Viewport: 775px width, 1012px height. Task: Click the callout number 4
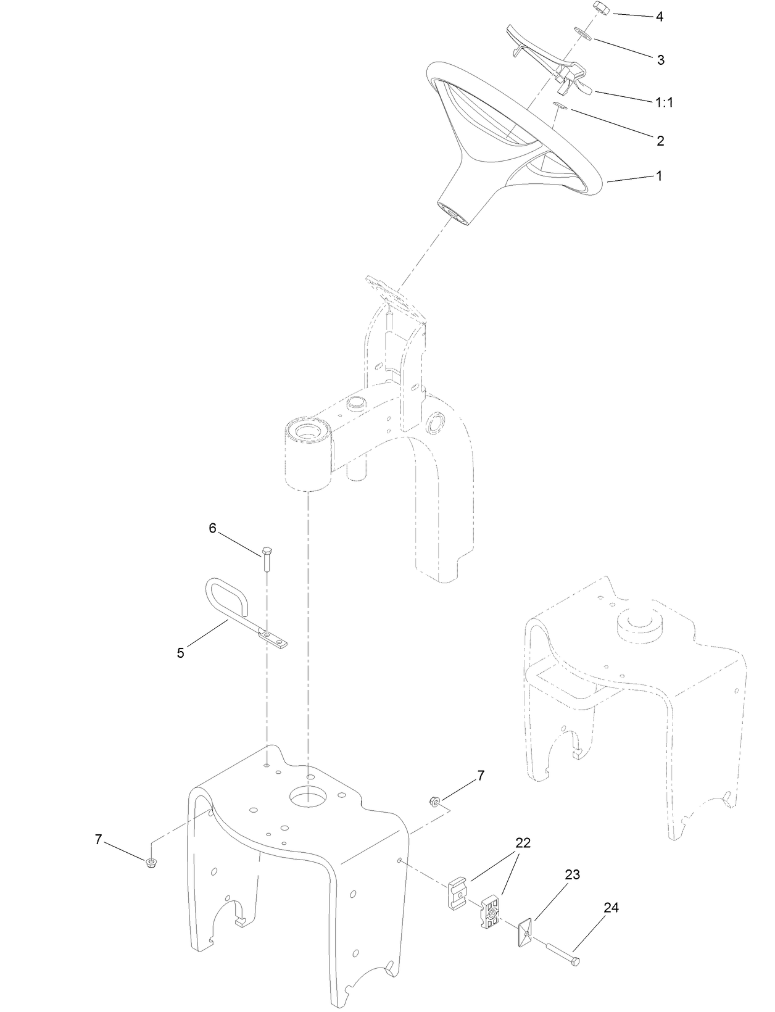click(x=659, y=17)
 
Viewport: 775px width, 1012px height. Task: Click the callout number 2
click(x=660, y=141)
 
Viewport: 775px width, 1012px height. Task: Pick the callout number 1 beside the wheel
click(x=658, y=176)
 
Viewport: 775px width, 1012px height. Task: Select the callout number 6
click(x=212, y=528)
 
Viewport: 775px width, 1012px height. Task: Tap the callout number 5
click(x=180, y=653)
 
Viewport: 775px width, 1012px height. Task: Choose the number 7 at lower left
click(x=97, y=839)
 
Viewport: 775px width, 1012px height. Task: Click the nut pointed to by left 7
click(x=150, y=862)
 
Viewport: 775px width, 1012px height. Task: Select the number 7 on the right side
click(x=481, y=776)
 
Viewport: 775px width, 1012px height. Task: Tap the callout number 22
click(x=523, y=844)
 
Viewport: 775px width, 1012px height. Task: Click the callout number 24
click(x=611, y=908)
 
